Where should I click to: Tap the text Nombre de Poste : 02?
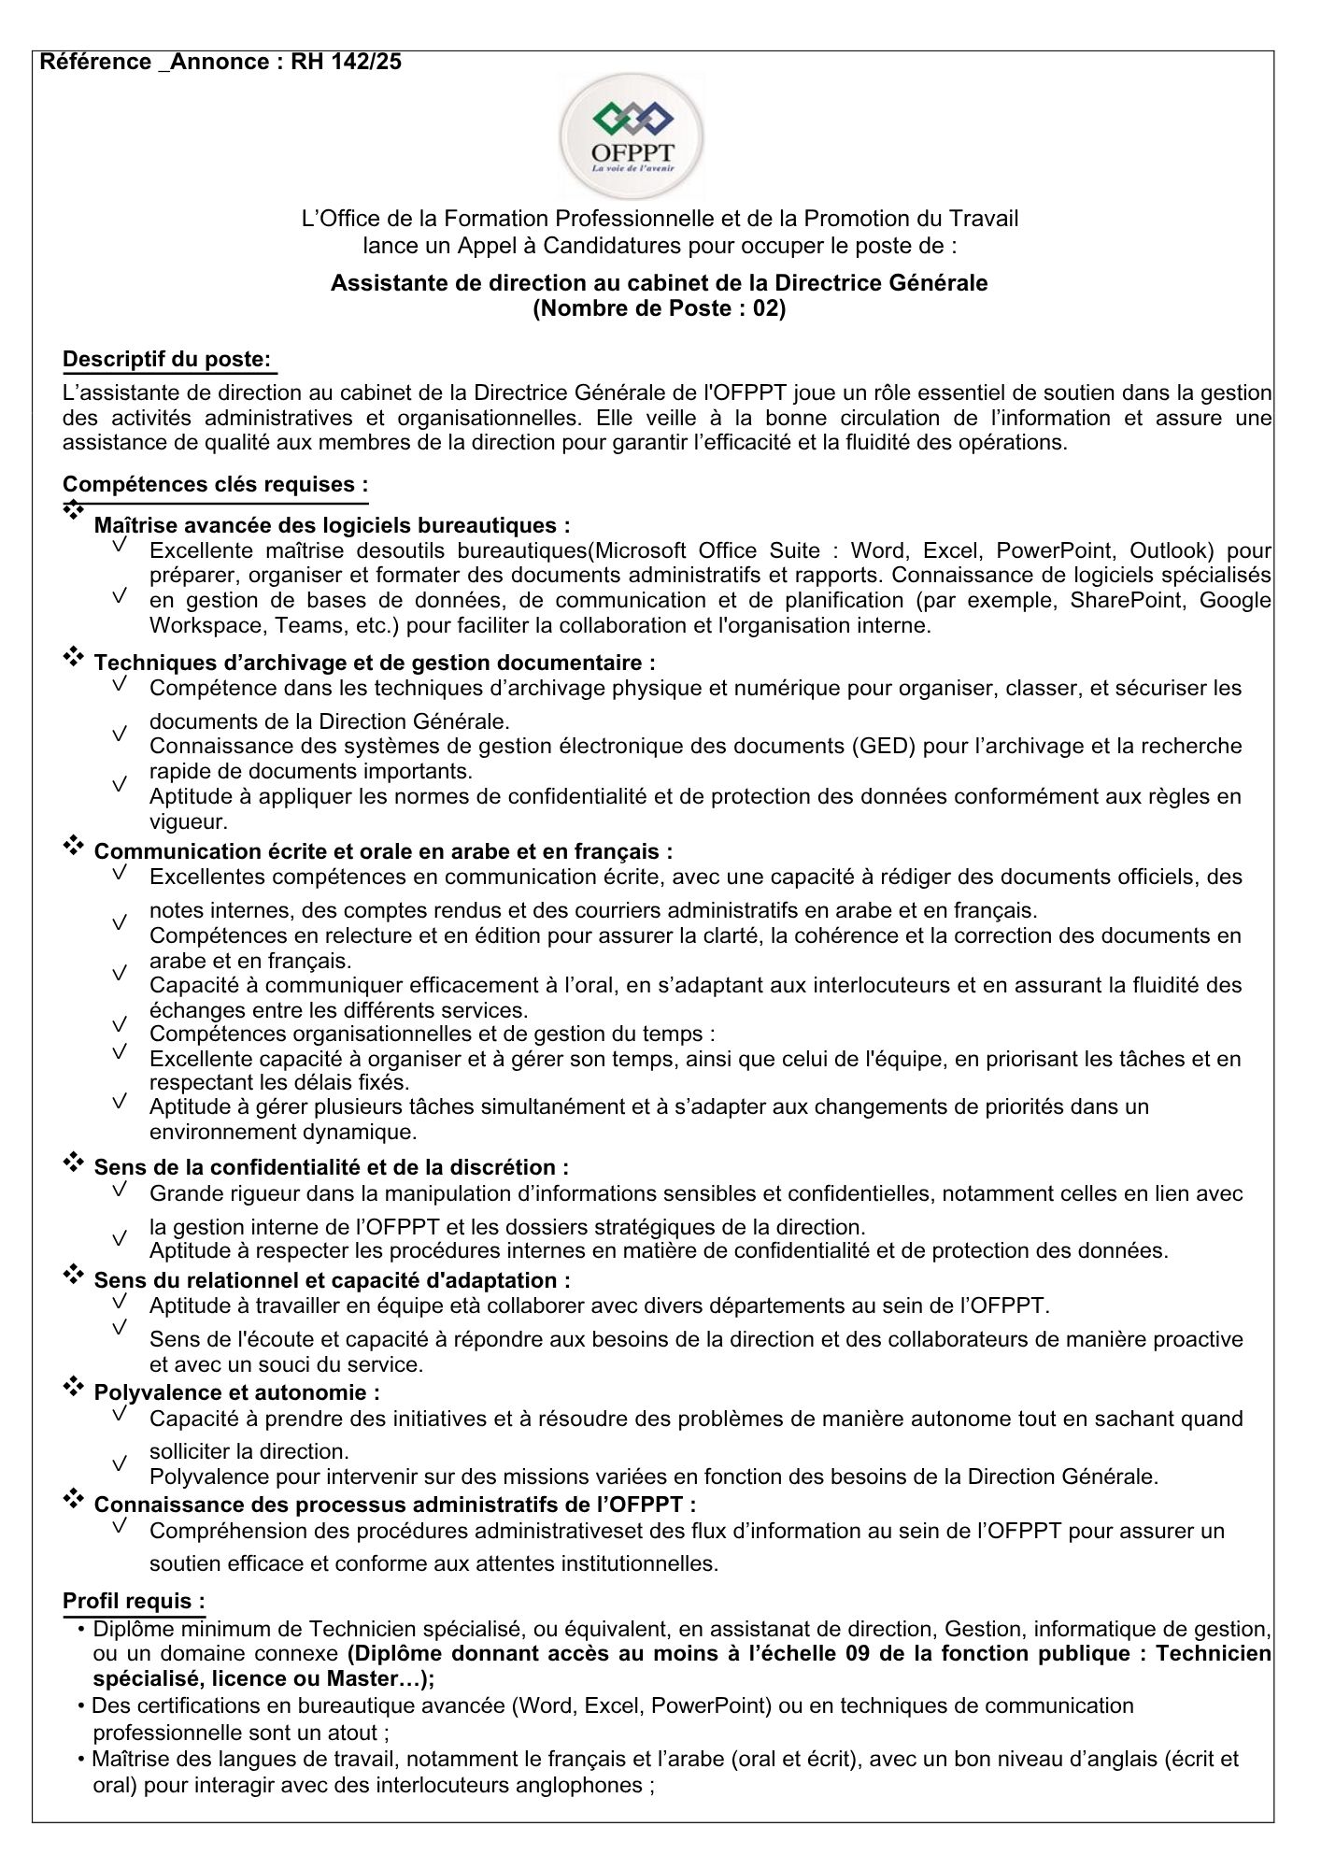point(659,308)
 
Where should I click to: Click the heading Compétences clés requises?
point(215,484)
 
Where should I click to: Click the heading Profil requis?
point(134,1601)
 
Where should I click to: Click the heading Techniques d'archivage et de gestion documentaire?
point(374,663)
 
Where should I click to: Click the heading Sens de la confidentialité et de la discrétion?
point(331,1167)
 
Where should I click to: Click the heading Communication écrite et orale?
point(383,851)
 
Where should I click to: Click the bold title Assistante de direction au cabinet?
point(659,282)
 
